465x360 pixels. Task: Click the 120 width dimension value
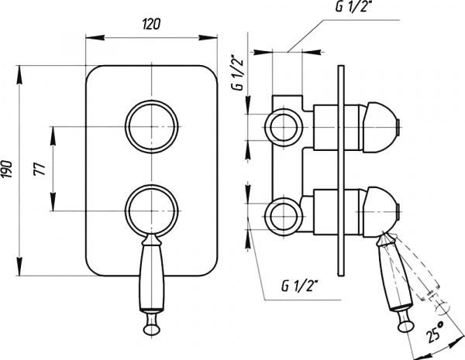click(151, 24)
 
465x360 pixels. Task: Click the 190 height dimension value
click(7, 170)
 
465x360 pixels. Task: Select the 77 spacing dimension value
click(40, 169)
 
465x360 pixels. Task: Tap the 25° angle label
click(435, 332)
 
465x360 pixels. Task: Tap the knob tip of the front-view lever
click(151, 327)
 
